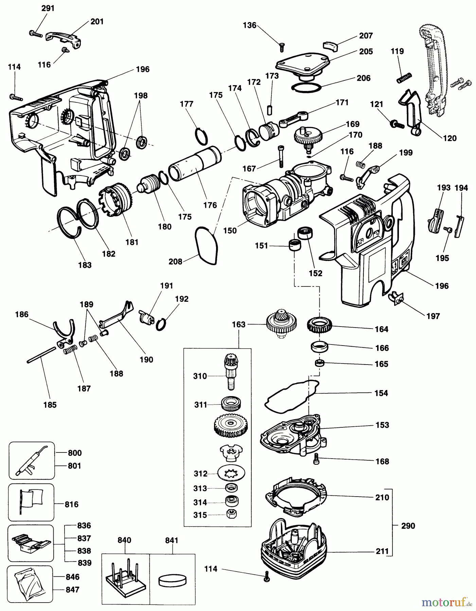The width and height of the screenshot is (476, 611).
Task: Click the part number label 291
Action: click(48, 8)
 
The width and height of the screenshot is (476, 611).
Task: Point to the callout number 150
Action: click(230, 230)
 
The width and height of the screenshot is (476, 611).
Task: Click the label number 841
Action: click(172, 540)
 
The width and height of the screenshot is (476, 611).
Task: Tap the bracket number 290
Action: click(408, 526)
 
